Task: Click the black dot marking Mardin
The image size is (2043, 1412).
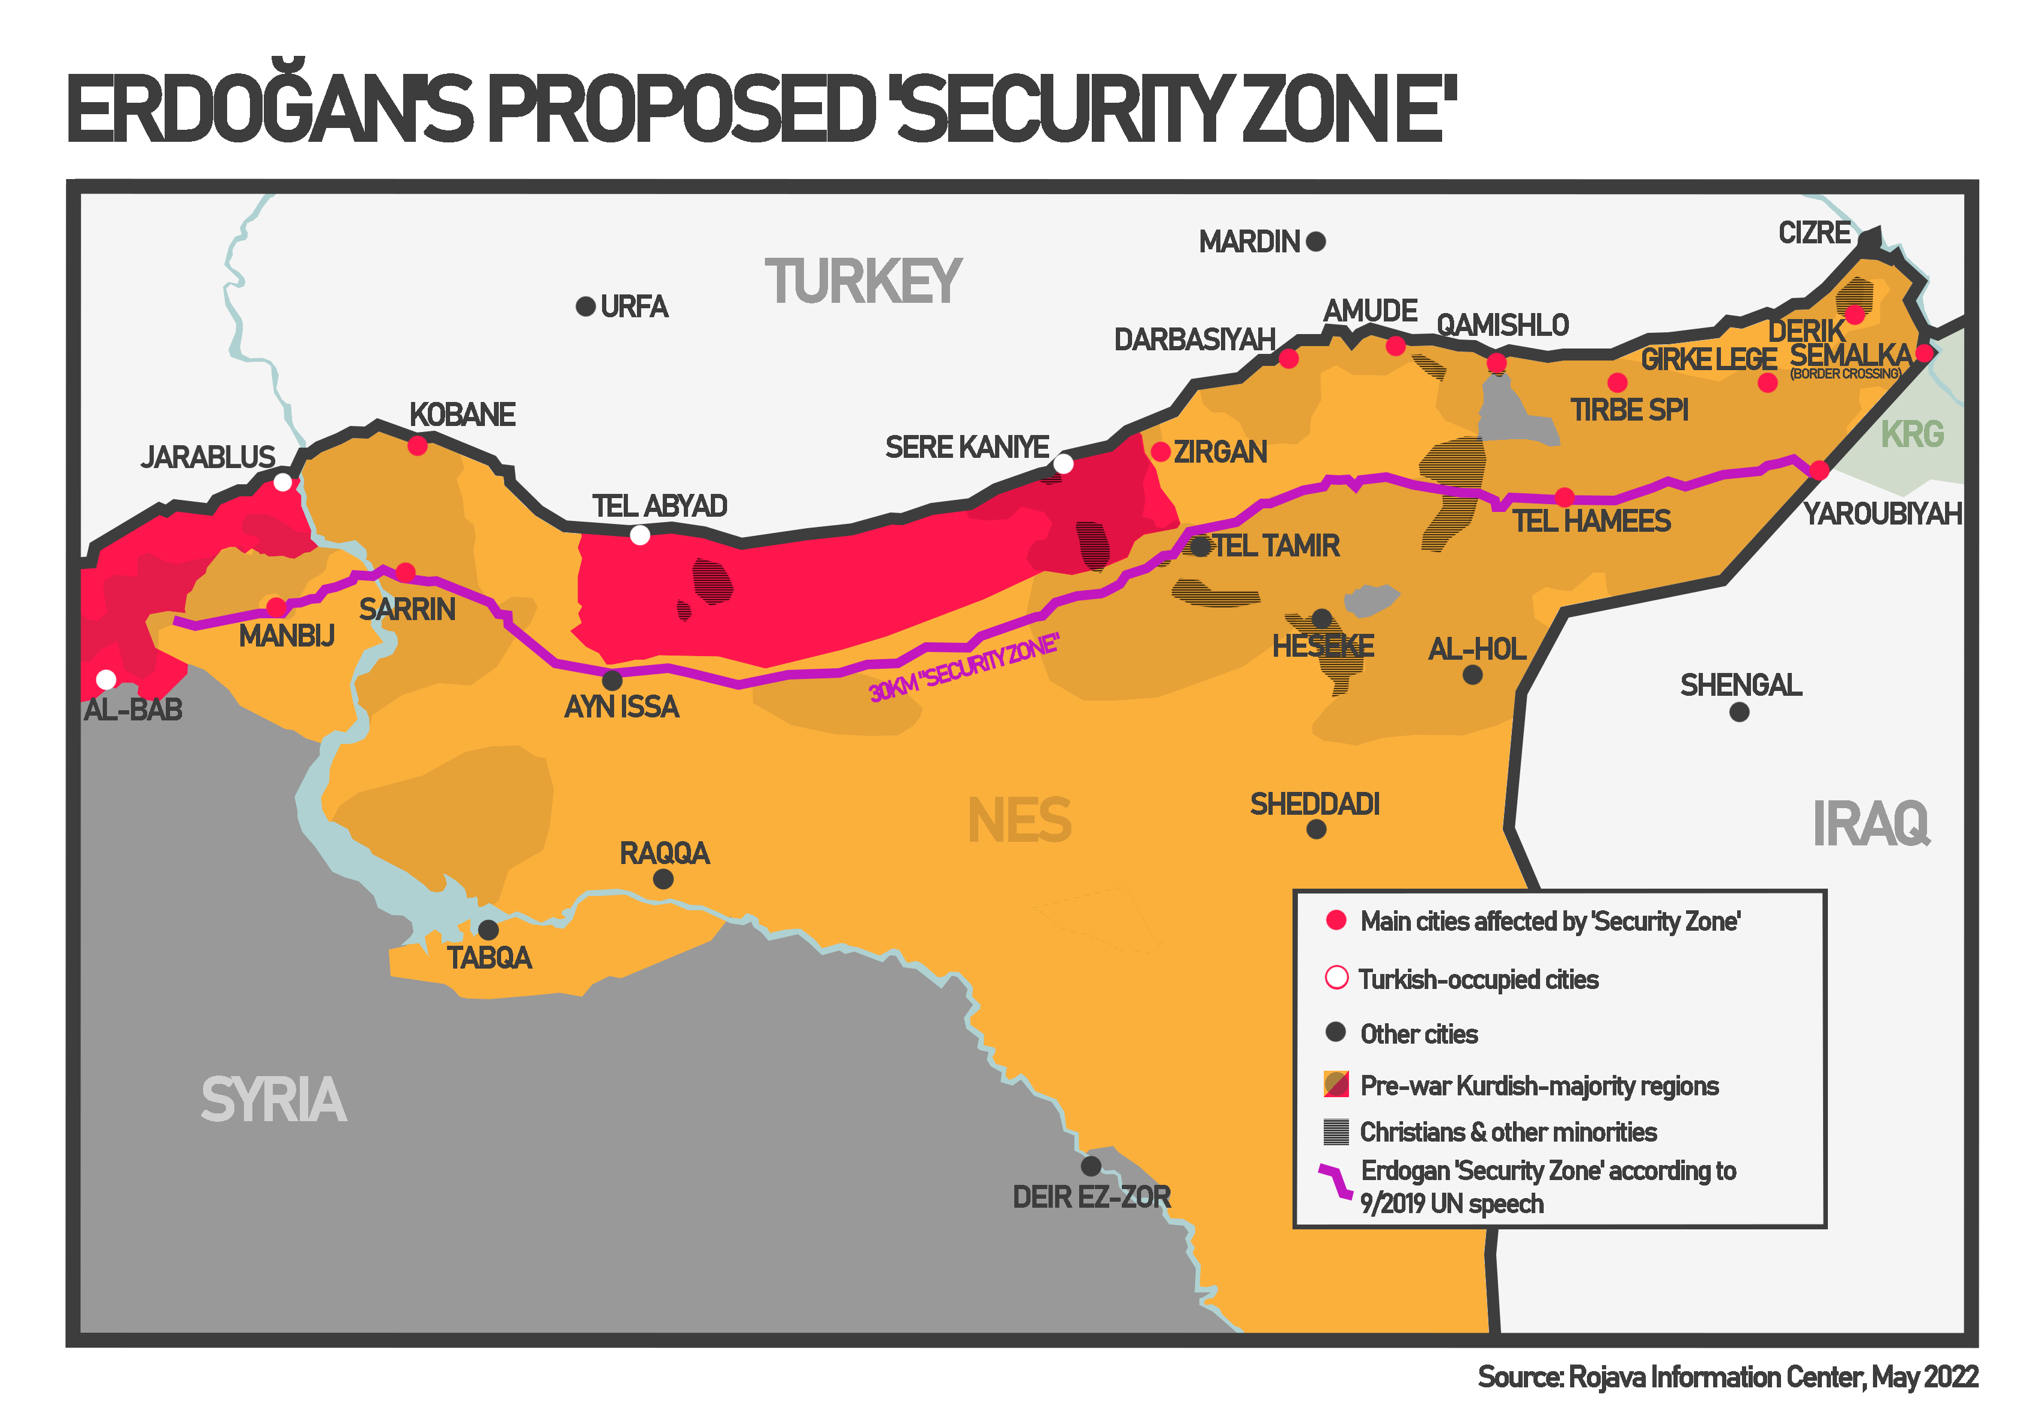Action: [1316, 242]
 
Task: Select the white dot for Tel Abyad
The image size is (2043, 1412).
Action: [640, 535]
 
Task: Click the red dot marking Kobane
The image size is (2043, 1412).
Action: [418, 446]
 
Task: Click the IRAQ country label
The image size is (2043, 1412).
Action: [1871, 824]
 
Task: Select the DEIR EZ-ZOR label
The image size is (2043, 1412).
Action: [1091, 1197]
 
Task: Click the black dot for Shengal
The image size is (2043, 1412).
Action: [1738, 712]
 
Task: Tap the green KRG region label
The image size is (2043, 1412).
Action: [1912, 434]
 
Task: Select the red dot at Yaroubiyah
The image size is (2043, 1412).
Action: [1819, 470]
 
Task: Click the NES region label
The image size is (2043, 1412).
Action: [1019, 820]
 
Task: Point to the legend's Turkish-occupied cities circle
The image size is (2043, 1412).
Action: [1336, 978]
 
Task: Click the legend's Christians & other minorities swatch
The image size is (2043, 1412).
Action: [1335, 1131]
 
